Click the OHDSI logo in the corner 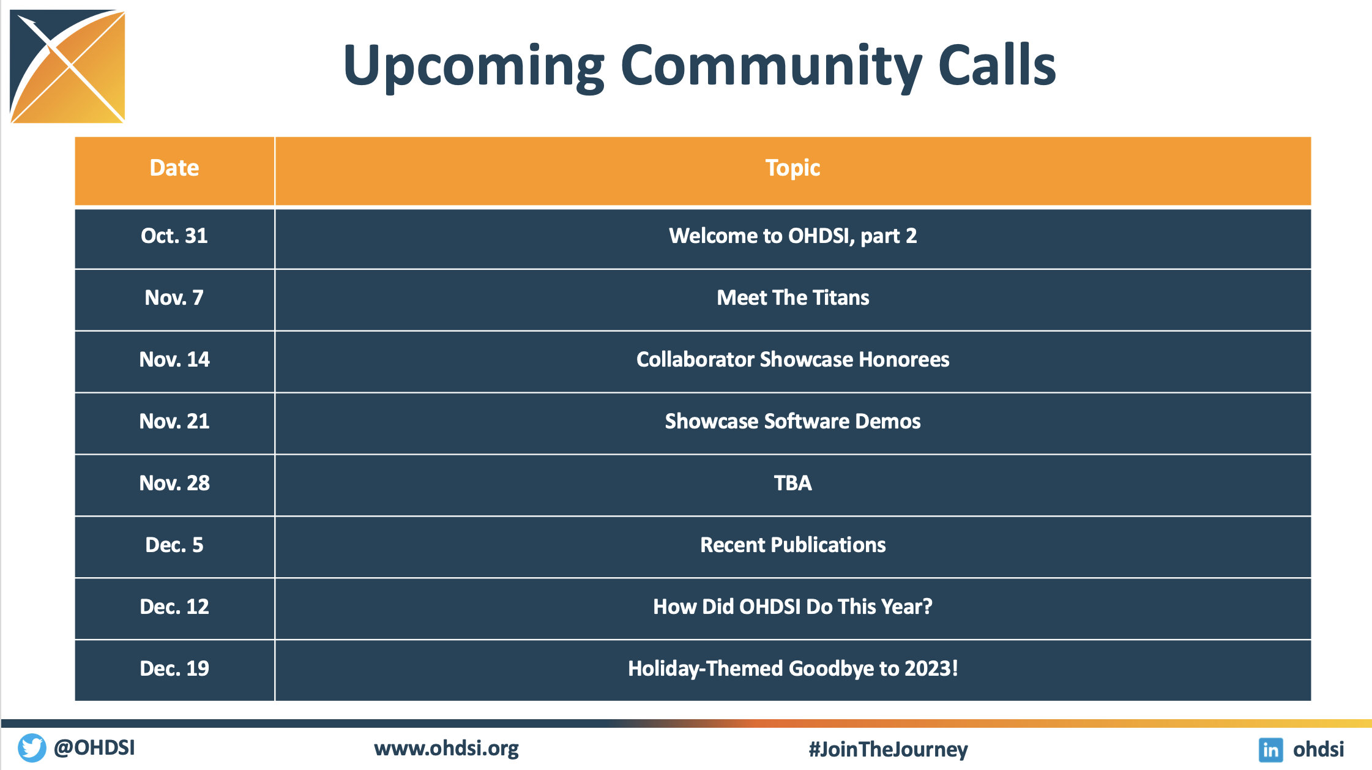coord(67,66)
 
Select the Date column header coord(174,168)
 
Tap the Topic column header coord(792,168)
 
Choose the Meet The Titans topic coord(793,297)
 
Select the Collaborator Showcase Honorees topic coord(793,359)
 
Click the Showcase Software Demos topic coord(793,421)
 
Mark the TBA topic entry coord(793,483)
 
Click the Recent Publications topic coord(793,545)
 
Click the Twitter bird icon coord(32,748)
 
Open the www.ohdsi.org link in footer coord(446,749)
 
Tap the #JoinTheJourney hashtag coord(889,749)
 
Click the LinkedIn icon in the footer coord(1271,749)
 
